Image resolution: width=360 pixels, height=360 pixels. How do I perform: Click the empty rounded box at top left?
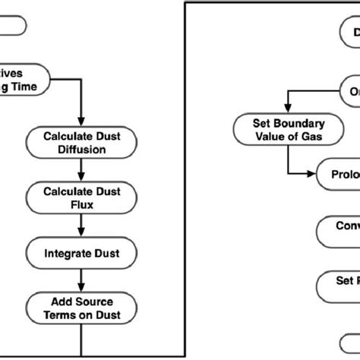tap(14, 26)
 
